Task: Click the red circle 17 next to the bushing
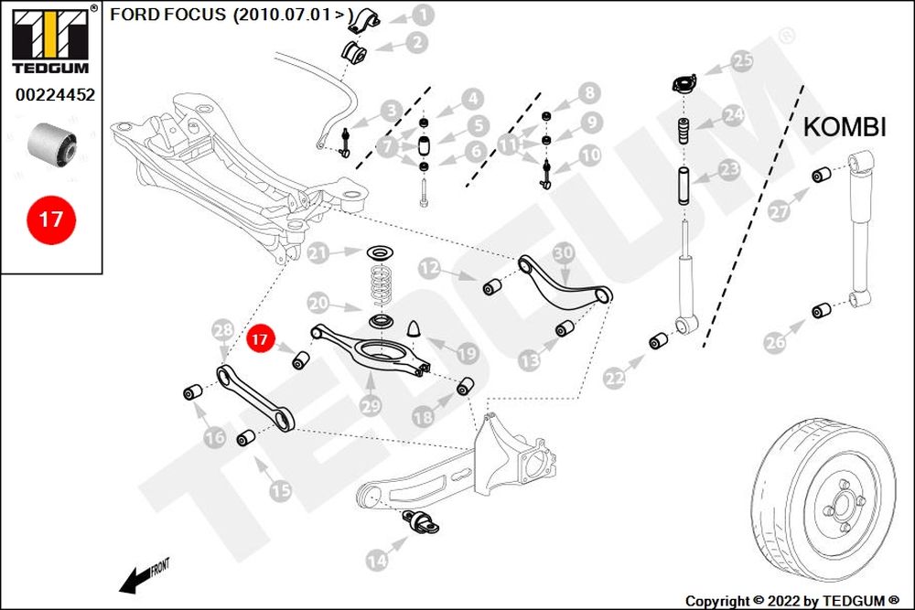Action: [260, 339]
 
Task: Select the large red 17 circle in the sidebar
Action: [51, 219]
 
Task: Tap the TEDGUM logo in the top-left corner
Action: [50, 39]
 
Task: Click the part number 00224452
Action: [55, 94]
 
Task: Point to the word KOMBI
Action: [845, 126]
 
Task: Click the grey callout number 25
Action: [742, 60]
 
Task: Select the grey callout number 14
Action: [377, 561]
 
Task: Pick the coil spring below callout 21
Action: [382, 285]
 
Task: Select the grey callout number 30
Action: [563, 253]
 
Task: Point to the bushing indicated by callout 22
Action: [660, 340]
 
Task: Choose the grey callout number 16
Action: [215, 437]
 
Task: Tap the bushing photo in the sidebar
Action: [51, 143]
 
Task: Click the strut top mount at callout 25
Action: [684, 83]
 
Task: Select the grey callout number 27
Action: [780, 211]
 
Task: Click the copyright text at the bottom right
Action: [792, 601]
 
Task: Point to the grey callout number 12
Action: [429, 268]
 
